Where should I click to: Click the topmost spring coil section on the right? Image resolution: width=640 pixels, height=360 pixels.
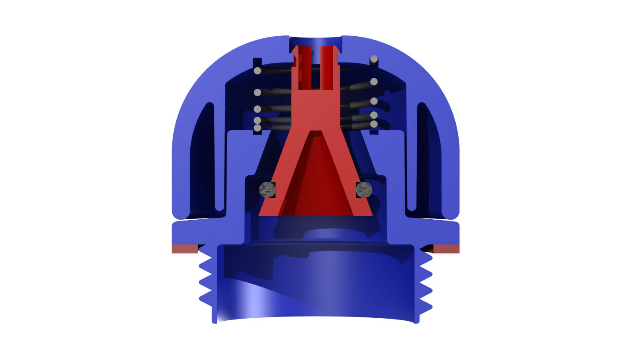click(x=374, y=59)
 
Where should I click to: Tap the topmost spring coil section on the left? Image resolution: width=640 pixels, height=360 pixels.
click(x=257, y=71)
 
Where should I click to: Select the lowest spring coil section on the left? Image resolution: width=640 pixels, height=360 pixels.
click(x=257, y=128)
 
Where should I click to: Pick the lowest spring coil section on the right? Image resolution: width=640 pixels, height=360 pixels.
click(x=374, y=124)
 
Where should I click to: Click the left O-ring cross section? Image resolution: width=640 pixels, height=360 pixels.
click(x=268, y=189)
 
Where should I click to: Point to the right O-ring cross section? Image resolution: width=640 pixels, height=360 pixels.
click(x=364, y=189)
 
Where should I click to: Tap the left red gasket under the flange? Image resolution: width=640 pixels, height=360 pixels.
click(x=184, y=249)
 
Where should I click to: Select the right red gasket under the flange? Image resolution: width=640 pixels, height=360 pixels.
click(x=446, y=249)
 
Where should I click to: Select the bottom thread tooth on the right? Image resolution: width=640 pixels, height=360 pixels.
click(x=426, y=307)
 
